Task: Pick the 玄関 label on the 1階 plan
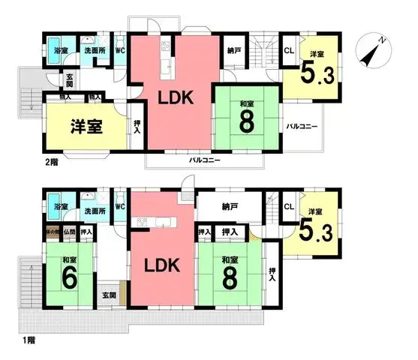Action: pos(108,295)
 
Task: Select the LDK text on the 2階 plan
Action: pos(176,97)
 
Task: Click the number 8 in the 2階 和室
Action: pos(245,121)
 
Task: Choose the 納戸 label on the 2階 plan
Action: pos(233,50)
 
